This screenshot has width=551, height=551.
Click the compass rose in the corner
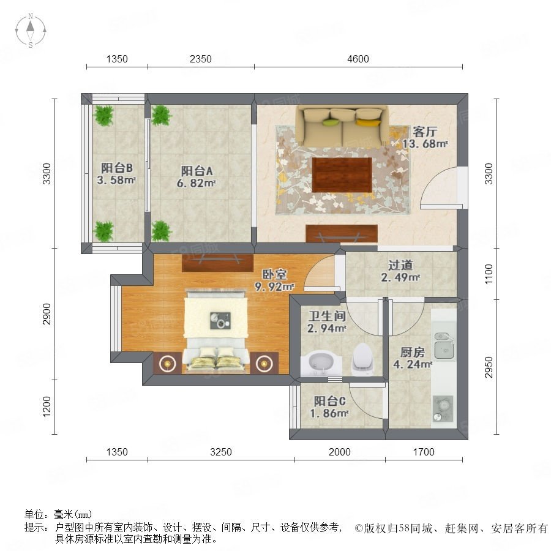[31, 31]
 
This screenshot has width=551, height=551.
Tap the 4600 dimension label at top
[358, 59]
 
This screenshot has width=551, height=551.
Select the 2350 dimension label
[201, 59]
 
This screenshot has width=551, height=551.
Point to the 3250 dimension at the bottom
[221, 452]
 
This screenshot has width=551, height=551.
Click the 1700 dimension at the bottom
[424, 452]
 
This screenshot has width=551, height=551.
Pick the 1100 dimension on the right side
[489, 274]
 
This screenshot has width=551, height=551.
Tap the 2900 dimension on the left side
[47, 314]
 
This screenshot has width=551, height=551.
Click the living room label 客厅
[425, 132]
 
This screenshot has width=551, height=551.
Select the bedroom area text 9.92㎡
[274, 287]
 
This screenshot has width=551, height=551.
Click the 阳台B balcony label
[117, 168]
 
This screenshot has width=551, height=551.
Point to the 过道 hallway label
[400, 265]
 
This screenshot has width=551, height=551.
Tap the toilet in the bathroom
[362, 359]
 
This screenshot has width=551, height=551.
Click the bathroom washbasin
[321, 364]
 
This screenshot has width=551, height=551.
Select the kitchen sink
[444, 346]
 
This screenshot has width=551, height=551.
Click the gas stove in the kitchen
[443, 409]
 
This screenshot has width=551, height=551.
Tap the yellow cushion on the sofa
[368, 122]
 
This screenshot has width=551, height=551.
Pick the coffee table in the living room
[342, 174]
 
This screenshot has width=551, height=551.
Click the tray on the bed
[220, 320]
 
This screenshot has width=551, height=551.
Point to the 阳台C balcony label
[329, 401]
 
